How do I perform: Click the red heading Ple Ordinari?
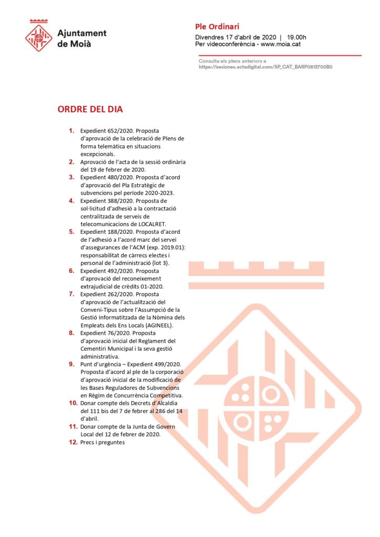coord(217,27)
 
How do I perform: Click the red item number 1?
coord(72,130)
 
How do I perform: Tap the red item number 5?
coord(72,231)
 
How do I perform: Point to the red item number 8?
coord(72,332)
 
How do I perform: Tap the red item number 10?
coord(73,403)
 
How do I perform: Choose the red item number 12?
coord(73,442)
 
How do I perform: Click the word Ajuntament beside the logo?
coord(81,33)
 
